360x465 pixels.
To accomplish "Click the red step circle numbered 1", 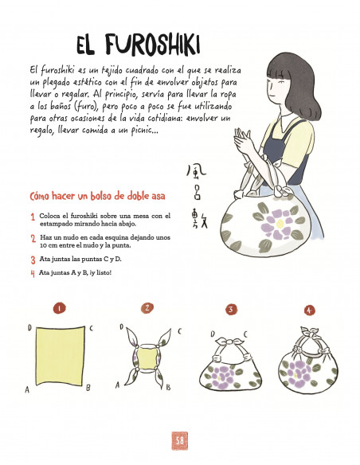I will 60,307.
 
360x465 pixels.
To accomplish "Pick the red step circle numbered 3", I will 231,309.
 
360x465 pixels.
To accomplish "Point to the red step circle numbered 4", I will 309,310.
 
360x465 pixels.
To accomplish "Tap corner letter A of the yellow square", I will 28,389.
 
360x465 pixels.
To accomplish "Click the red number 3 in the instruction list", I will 33,260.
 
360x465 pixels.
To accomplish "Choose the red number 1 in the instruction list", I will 33,217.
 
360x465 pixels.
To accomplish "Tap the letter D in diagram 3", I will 213,334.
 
